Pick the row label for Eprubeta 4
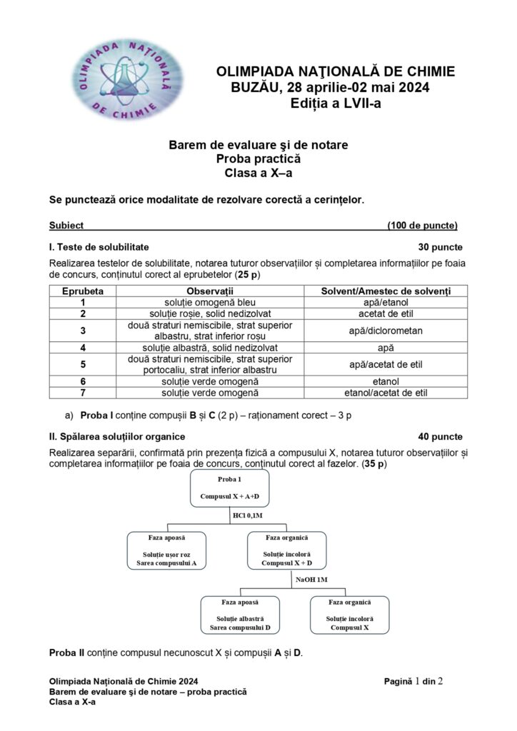pyautogui.click(x=84, y=348)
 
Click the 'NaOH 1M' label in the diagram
pyautogui.click(x=311, y=580)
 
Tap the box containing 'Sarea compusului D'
pyautogui.click(x=241, y=615)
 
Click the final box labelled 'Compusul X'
pyautogui.click(x=350, y=615)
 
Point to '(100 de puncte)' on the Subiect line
pyautogui.click(x=423, y=226)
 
